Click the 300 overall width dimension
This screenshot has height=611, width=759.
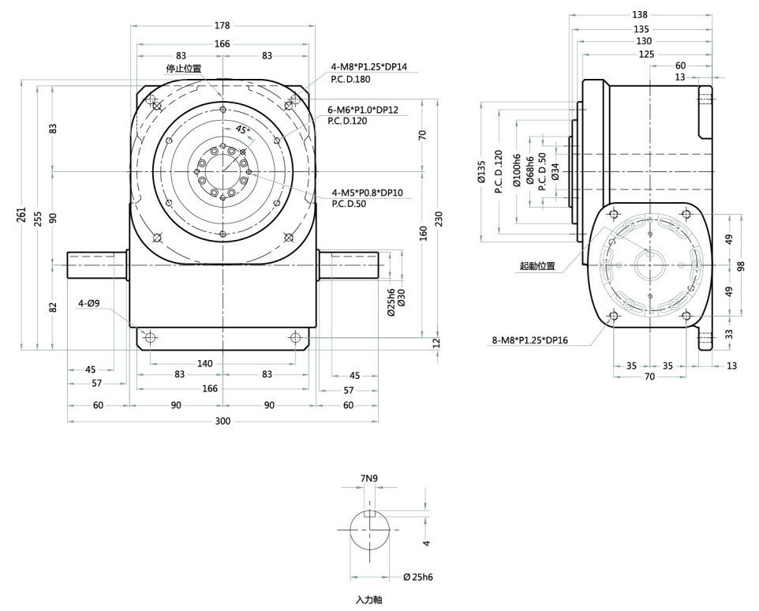pyautogui.click(x=222, y=422)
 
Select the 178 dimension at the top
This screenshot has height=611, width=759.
pyautogui.click(x=222, y=26)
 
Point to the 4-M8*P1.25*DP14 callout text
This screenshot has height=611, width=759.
pyautogui.click(x=369, y=67)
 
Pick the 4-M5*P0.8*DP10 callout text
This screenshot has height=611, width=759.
pyautogui.click(x=368, y=193)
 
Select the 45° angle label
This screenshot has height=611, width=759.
pyautogui.click(x=242, y=129)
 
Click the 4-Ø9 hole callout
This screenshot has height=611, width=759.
pyautogui.click(x=89, y=304)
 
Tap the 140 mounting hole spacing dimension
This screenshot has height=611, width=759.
pyautogui.click(x=205, y=364)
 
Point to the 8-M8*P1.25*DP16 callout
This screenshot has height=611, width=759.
pyautogui.click(x=530, y=340)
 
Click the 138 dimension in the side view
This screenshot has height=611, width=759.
pyautogui.click(x=639, y=15)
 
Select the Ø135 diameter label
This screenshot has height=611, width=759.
pyautogui.click(x=481, y=171)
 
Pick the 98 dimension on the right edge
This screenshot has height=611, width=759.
pyautogui.click(x=741, y=266)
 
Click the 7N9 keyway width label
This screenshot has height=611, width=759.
pyautogui.click(x=369, y=478)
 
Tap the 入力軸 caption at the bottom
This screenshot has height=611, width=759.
pyautogui.click(x=369, y=600)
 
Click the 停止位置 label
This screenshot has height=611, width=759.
pyautogui.click(x=184, y=68)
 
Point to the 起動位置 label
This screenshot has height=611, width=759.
pyautogui.click(x=537, y=266)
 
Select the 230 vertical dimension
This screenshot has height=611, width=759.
pyautogui.click(x=439, y=219)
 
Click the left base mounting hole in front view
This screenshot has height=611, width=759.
pyautogui.click(x=151, y=337)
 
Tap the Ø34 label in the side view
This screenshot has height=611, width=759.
pyautogui.click(x=555, y=171)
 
